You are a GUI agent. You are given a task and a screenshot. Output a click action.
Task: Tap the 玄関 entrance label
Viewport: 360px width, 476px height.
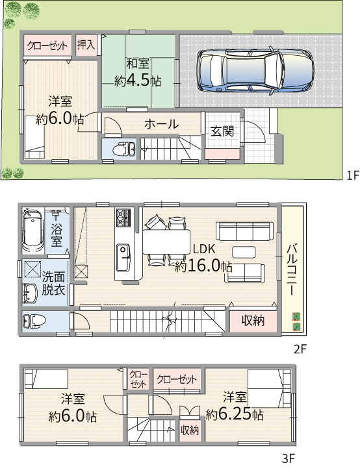coord(222,131)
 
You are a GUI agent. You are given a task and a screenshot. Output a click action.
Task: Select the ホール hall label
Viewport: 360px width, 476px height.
coord(162,123)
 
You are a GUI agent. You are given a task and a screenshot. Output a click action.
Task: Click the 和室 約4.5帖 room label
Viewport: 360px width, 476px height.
coord(138,72)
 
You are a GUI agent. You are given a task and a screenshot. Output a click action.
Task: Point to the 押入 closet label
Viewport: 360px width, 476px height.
coord(86,45)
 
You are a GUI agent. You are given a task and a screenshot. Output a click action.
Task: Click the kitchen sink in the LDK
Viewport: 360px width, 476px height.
coord(123,251)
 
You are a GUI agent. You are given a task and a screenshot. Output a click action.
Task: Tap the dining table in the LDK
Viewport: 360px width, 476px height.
coord(166,242)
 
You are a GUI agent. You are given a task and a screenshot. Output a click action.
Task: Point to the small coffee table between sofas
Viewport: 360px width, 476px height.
coord(244,251)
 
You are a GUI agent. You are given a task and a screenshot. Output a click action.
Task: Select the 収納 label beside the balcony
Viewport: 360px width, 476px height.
coord(253,319)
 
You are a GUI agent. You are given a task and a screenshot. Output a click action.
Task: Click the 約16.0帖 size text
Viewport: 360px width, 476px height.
coord(203,266)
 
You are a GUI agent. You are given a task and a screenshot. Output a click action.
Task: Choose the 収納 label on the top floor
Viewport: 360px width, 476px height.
coord(190,429)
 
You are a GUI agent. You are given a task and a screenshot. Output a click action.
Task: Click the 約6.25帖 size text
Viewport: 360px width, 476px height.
coord(235,414)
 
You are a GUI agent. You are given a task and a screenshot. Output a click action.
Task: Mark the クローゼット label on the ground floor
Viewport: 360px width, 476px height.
coord(47,45)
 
